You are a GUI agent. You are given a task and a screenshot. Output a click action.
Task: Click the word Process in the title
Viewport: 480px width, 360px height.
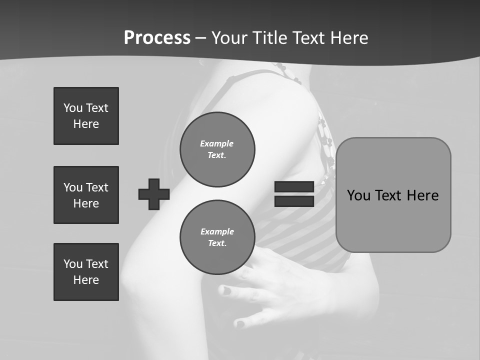[x=157, y=38]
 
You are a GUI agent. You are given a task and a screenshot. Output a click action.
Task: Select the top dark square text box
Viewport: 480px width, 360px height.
[x=86, y=116]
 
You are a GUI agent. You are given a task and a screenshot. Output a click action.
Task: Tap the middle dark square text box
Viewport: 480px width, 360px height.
[x=86, y=195]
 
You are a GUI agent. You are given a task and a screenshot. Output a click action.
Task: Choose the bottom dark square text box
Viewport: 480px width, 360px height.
[x=86, y=272]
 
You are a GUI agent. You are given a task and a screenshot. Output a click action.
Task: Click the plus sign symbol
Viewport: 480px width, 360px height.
[x=154, y=194]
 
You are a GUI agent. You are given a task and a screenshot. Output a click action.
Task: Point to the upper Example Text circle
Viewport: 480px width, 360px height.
[x=217, y=149]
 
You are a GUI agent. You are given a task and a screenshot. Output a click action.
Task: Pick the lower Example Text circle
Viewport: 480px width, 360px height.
[x=217, y=237]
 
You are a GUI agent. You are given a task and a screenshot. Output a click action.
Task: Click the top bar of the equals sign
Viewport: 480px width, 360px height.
[x=294, y=186]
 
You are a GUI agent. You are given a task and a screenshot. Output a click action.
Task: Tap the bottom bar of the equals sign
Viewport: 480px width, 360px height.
[x=294, y=201]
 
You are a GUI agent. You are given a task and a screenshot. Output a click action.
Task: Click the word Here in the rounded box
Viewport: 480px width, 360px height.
[x=422, y=195]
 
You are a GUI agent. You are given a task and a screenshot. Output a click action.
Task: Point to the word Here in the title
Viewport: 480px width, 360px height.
[x=351, y=38]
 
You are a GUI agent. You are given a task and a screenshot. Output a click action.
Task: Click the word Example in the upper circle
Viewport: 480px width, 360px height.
[x=216, y=143]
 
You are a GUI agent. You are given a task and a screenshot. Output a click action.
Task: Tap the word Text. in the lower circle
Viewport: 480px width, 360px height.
[x=217, y=243]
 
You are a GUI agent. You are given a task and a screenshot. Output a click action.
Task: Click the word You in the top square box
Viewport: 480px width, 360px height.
[x=73, y=108]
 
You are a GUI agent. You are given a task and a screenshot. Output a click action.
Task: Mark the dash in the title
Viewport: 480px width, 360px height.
[x=201, y=38]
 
